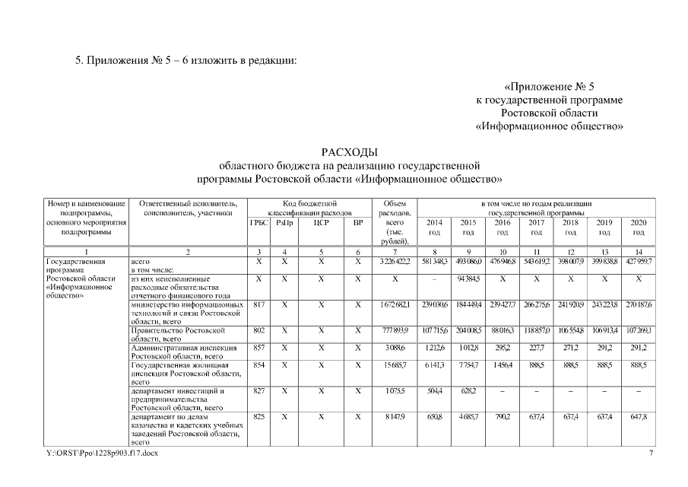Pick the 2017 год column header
536,227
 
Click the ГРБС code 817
258,304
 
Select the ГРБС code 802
258,331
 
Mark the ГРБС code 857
258,348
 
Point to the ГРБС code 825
258,417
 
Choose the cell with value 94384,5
468,279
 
